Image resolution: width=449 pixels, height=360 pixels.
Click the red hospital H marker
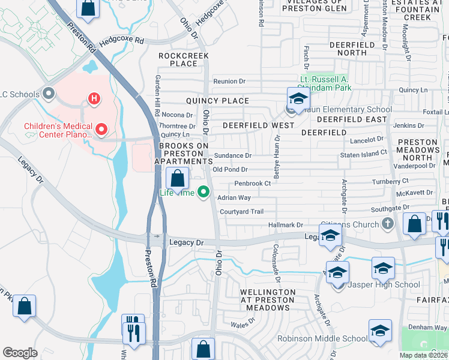[94, 98]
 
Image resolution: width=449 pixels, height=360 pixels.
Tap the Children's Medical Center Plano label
[58, 130]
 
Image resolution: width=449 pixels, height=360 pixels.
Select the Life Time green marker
[204, 193]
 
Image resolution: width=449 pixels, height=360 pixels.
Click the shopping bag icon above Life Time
[178, 178]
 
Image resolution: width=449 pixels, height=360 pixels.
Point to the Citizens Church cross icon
[388, 224]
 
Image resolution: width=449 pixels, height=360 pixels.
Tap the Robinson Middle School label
[322, 338]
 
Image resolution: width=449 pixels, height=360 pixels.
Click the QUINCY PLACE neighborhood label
[217, 101]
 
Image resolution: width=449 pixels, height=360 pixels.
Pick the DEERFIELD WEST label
[258, 125]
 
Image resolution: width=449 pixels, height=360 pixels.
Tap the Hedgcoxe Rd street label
[123, 41]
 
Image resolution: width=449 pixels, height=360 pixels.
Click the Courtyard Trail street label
[242, 211]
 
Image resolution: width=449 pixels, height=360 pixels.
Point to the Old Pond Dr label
[230, 170]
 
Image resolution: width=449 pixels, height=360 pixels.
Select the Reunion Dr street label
[229, 82]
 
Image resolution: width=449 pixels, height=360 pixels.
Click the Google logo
[20, 352]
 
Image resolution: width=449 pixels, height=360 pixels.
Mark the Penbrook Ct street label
[253, 184]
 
